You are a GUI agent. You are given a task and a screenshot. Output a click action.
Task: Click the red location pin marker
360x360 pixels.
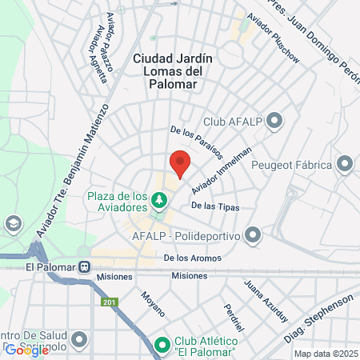tap(181, 162)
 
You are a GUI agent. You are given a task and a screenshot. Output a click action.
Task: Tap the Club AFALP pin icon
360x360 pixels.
tap(275, 121)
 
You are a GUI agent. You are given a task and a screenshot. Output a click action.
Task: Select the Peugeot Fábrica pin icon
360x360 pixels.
tap(345, 165)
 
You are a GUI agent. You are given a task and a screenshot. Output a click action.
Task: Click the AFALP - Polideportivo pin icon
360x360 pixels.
tap(254, 234)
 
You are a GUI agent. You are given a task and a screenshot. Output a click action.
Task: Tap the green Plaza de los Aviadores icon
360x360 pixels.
tap(161, 198)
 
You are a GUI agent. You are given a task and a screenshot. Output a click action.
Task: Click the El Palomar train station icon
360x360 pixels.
tap(84, 267)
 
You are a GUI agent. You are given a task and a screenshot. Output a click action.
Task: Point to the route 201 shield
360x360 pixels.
tap(110, 302)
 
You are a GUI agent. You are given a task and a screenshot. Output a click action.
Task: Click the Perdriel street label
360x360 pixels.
tap(234, 318)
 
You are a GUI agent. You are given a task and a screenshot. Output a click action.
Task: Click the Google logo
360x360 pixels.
tap(26, 349)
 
